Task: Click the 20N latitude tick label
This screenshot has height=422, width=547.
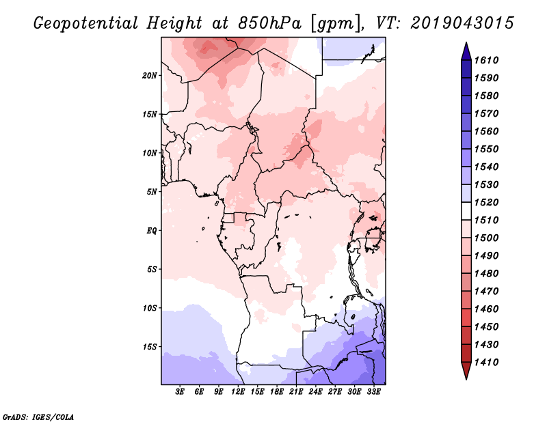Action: pyautogui.click(x=150, y=75)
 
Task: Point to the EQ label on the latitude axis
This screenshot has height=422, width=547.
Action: pyautogui.click(x=152, y=230)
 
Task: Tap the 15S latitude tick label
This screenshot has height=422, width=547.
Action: pyautogui.click(x=150, y=346)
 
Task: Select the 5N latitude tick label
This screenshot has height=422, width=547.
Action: pyautogui.click(x=152, y=192)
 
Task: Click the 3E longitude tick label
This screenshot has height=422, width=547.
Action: pyautogui.click(x=180, y=392)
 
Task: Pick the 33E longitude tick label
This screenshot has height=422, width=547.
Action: pyautogui.click(x=373, y=392)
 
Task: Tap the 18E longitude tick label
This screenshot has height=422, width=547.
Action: pyautogui.click(x=276, y=392)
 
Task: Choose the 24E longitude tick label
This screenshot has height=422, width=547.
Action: pyautogui.click(x=315, y=392)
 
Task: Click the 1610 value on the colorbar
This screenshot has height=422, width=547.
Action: pyautogui.click(x=489, y=60)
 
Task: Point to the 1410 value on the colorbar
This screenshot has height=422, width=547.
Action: pyautogui.click(x=489, y=362)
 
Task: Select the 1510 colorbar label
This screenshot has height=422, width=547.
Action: pyautogui.click(x=489, y=220)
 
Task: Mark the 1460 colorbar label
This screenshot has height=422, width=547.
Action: pyautogui.click(x=489, y=309)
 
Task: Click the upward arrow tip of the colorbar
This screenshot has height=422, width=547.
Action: pyautogui.click(x=465, y=44)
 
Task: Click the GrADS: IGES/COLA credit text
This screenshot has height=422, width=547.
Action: pyautogui.click(x=38, y=416)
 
